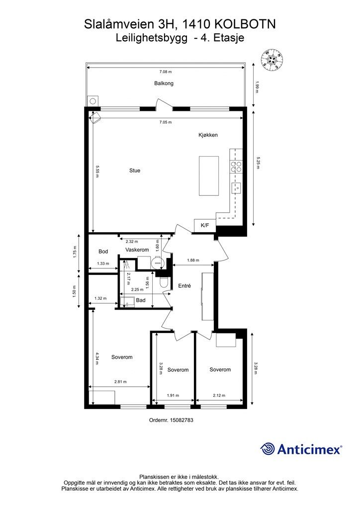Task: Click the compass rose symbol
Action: (x=272, y=60)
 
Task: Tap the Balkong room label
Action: (x=164, y=84)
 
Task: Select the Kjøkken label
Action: (x=208, y=135)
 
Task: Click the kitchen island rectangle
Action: (x=209, y=176)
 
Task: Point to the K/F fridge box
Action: (x=205, y=225)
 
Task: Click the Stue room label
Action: (x=135, y=170)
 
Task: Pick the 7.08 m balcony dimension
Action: (x=166, y=72)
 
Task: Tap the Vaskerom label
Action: (x=137, y=250)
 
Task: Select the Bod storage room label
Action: (x=103, y=252)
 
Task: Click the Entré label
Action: (x=184, y=286)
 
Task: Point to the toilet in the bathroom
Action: (x=164, y=282)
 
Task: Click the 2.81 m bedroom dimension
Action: (x=120, y=382)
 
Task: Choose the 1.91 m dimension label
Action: (x=173, y=395)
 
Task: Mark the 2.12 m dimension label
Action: (x=219, y=395)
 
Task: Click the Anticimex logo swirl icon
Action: (x=267, y=449)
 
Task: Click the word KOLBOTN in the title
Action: (x=246, y=24)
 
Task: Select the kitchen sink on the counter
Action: (x=236, y=187)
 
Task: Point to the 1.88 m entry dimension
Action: (x=193, y=260)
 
